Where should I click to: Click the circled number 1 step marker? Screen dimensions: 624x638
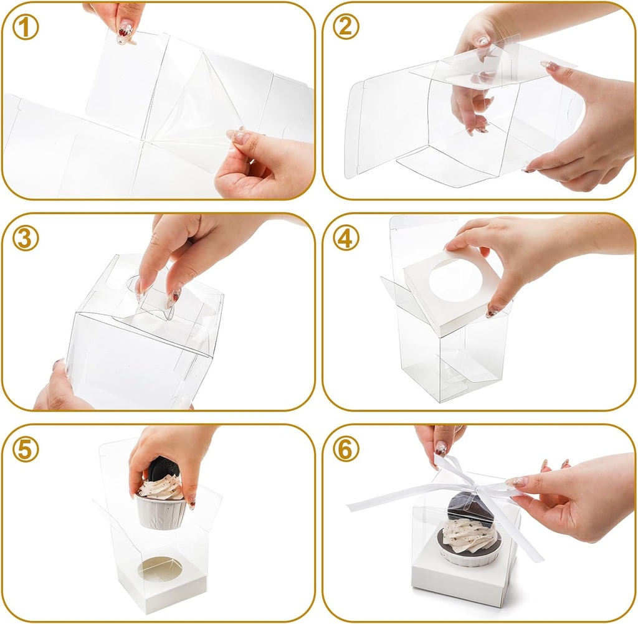pyautogui.click(x=26, y=28)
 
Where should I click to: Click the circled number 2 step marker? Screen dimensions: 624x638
pyautogui.click(x=346, y=28)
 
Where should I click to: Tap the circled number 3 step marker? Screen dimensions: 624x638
pyautogui.click(x=26, y=239)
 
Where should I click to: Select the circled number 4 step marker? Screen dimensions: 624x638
pyautogui.click(x=346, y=239)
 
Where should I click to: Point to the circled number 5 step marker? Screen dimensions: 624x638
pyautogui.click(x=26, y=450)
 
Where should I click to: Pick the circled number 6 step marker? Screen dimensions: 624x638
pyautogui.click(x=346, y=450)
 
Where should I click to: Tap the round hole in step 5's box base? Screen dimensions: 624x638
pyautogui.click(x=160, y=569)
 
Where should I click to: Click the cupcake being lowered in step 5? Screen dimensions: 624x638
pyautogui.click(x=161, y=498)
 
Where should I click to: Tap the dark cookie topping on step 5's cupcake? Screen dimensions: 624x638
pyautogui.click(x=163, y=468)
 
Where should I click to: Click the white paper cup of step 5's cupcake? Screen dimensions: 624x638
pyautogui.click(x=162, y=513)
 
